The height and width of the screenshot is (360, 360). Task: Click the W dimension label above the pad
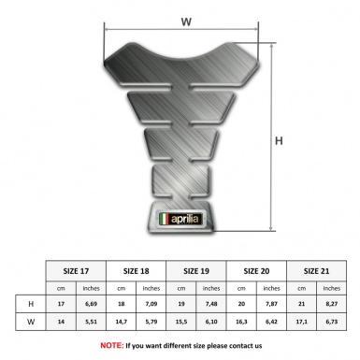185,18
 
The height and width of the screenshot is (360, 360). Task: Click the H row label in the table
31,304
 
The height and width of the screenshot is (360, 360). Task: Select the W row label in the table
31,324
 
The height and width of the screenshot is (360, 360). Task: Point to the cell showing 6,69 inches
92,304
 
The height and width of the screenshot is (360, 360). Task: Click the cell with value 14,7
122,324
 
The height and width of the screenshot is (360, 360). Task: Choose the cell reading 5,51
92,324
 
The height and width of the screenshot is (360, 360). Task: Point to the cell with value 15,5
182,324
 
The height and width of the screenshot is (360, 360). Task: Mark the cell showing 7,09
152,304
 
